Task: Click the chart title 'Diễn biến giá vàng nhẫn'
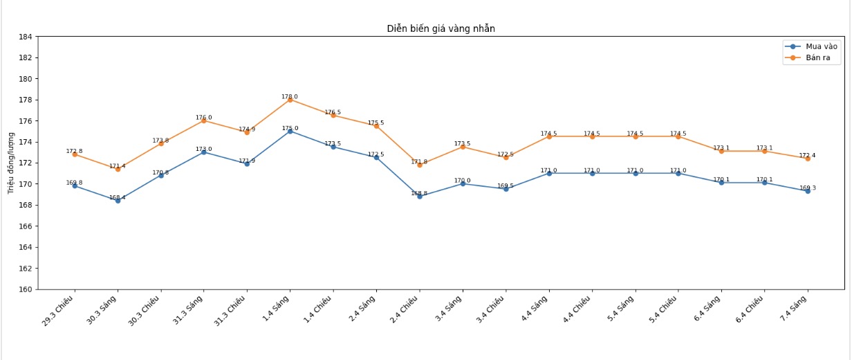click(x=441, y=28)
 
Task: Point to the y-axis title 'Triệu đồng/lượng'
click(x=11, y=163)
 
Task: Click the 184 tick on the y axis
click(x=26, y=37)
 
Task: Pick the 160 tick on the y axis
click(x=26, y=289)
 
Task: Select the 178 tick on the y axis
click(x=26, y=100)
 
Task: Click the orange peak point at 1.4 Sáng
click(x=290, y=100)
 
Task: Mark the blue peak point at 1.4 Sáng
click(x=290, y=131)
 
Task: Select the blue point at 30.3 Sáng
click(x=118, y=201)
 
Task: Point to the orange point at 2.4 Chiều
click(x=419, y=165)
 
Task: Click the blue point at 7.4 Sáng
click(x=807, y=191)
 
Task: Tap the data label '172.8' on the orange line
click(x=74, y=151)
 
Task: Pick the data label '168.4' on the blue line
click(x=118, y=197)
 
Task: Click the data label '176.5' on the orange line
click(x=333, y=112)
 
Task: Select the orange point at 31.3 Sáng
click(x=203, y=120)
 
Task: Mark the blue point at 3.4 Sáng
click(x=462, y=183)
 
